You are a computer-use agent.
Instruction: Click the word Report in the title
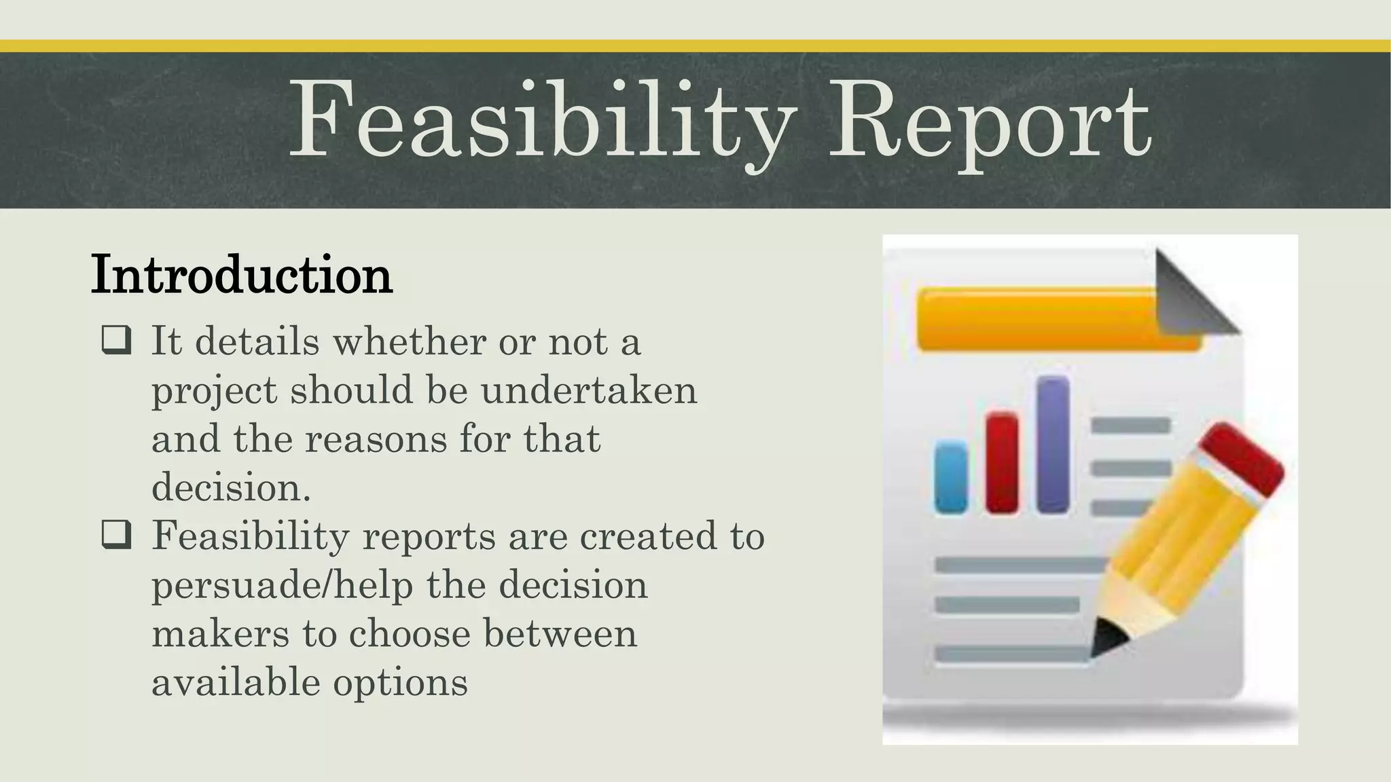pyautogui.click(x=990, y=122)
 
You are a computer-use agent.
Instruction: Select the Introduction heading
pyautogui.click(x=241, y=275)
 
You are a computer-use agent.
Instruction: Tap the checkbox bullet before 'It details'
pyautogui.click(x=116, y=340)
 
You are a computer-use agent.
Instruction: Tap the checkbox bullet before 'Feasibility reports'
pyautogui.click(x=116, y=535)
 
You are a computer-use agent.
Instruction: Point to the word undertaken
pyautogui.click(x=589, y=390)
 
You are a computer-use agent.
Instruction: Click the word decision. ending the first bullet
pyautogui.click(x=231, y=487)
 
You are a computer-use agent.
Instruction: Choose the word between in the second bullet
pyautogui.click(x=560, y=633)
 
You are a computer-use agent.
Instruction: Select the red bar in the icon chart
pyautogui.click(x=1002, y=462)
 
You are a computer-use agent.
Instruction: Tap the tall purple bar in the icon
pyautogui.click(x=1053, y=445)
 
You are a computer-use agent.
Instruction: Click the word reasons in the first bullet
pyautogui.click(x=376, y=439)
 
